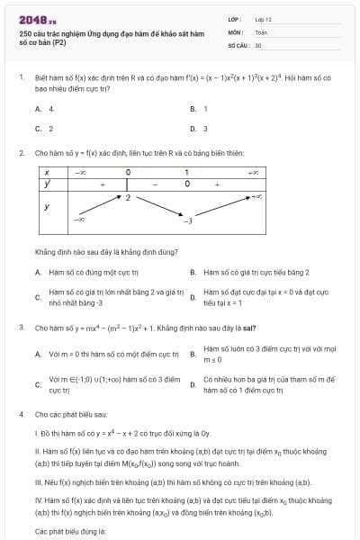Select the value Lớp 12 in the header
click(x=263, y=18)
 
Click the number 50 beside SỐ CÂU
click(x=258, y=44)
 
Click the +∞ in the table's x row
click(x=254, y=172)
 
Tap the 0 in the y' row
click(x=186, y=184)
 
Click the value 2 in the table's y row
click(x=129, y=195)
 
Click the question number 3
click(x=21, y=328)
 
